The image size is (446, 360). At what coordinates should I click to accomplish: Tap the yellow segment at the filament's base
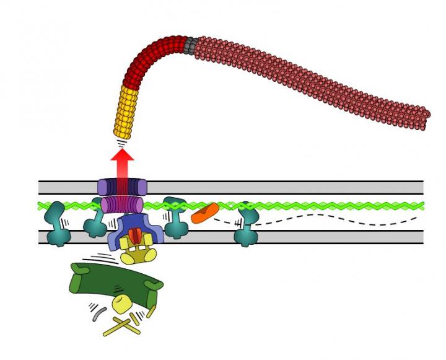coord(125,112)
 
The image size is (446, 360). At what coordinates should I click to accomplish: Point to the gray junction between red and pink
coord(191,45)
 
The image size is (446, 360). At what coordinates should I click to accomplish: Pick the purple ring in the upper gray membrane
coord(122,187)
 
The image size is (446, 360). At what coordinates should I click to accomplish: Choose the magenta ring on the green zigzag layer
coord(121,205)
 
